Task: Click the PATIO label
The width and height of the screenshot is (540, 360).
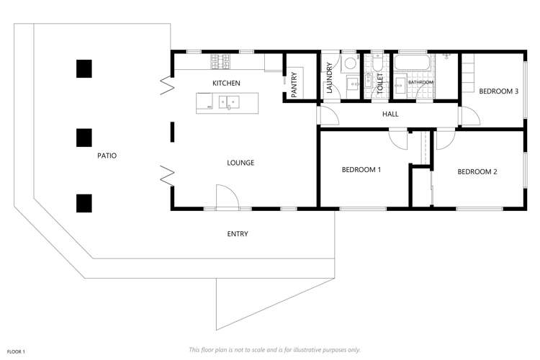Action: click(107, 155)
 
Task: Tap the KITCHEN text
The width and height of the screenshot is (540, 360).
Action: click(226, 84)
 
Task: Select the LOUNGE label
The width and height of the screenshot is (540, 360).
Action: click(240, 163)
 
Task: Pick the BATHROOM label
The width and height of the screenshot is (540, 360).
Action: click(421, 83)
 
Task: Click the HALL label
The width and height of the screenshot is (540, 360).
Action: click(390, 114)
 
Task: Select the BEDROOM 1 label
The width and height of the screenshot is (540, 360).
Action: click(361, 170)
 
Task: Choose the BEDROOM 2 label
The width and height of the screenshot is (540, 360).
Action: click(477, 171)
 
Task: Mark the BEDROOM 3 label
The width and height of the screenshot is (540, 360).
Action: click(499, 91)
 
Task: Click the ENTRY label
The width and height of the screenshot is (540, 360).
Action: click(238, 233)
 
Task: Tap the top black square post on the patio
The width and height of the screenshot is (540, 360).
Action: click(84, 68)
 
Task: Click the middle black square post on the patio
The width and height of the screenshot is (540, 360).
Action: click(84, 137)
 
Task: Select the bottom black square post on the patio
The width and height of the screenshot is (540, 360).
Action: click(84, 204)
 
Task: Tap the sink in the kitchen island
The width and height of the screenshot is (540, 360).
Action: click(233, 103)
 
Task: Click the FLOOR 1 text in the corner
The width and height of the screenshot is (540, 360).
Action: click(17, 351)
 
